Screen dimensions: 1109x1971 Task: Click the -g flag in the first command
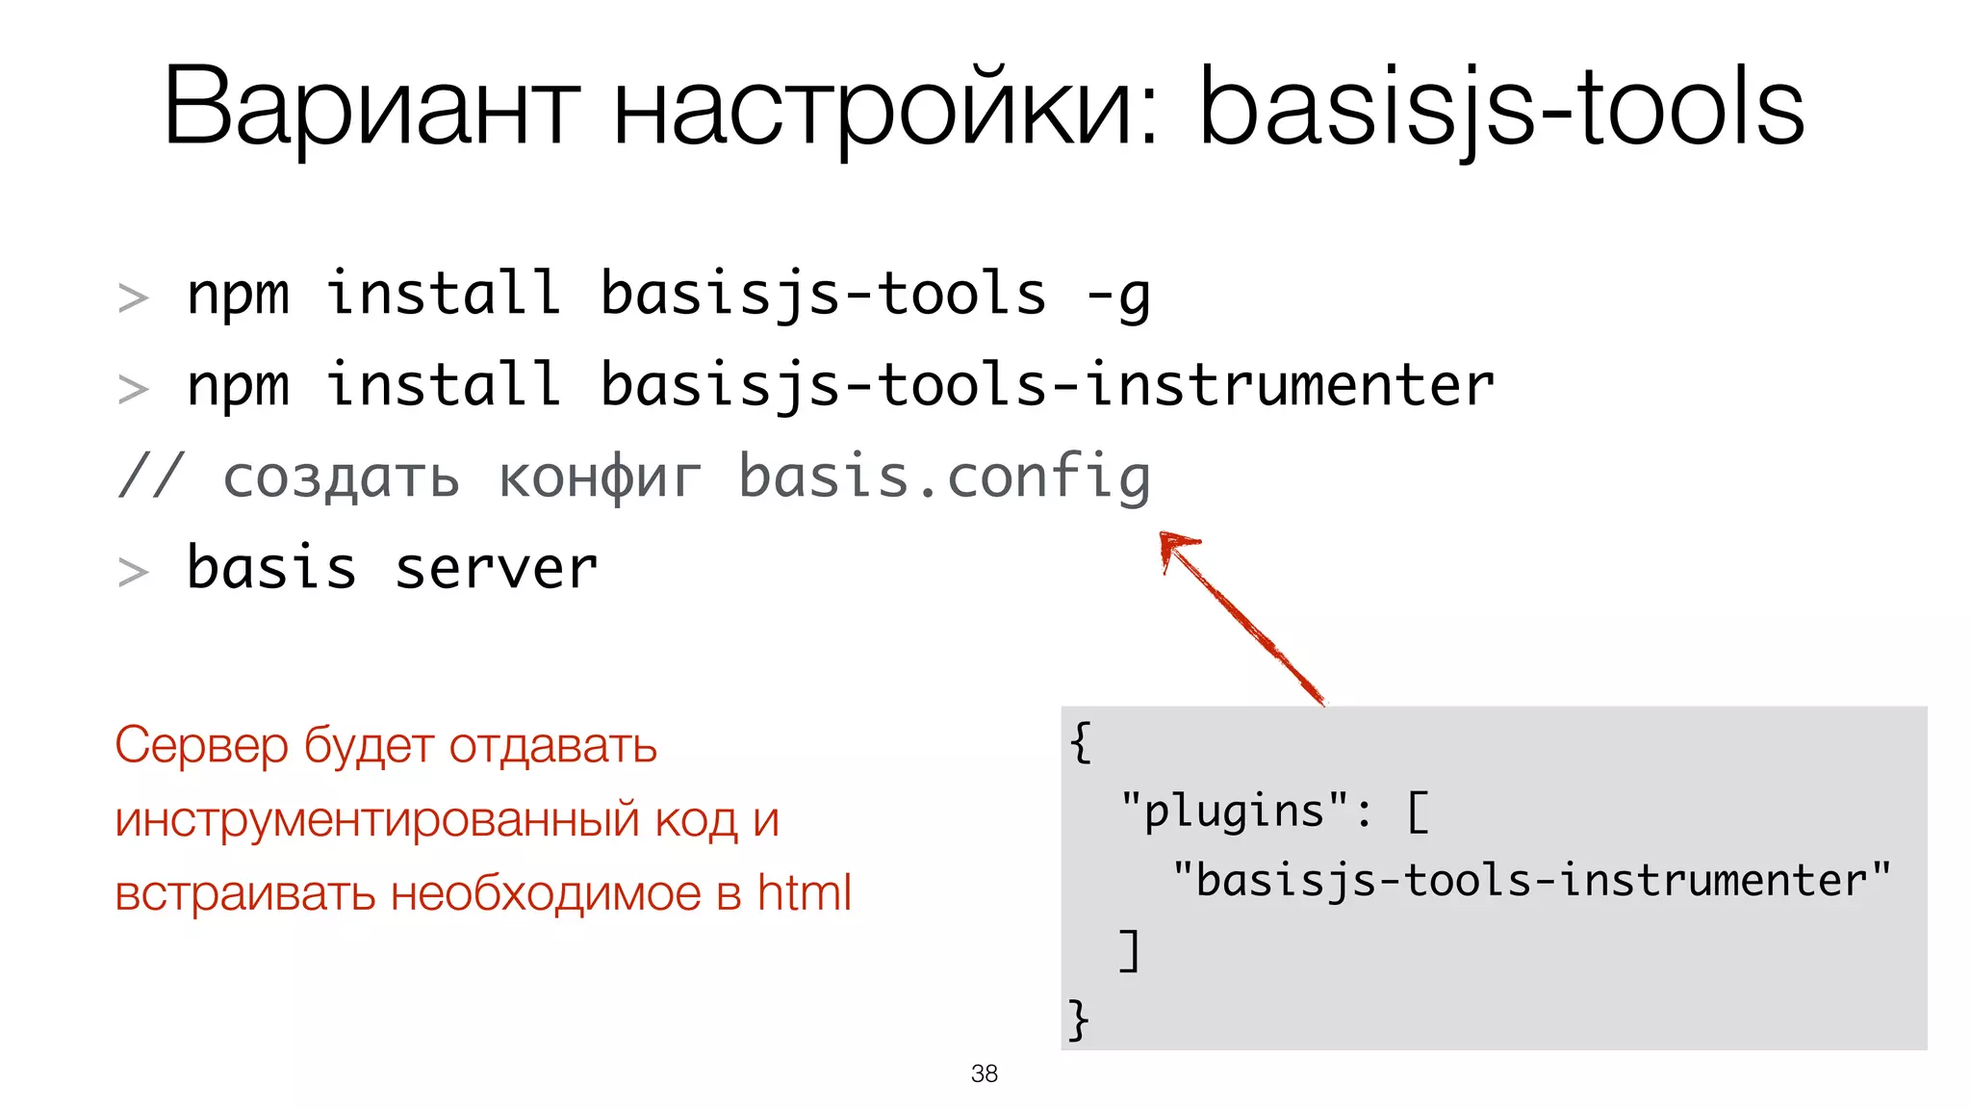tap(1118, 295)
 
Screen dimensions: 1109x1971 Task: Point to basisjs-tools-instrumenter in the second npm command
tap(1047, 385)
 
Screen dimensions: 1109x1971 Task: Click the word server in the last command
tap(497, 568)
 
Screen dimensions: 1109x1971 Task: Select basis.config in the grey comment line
tap(944, 477)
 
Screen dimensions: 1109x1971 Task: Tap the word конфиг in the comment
tap(600, 477)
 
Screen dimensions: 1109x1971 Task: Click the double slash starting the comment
tap(149, 477)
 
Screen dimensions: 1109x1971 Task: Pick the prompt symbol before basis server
tap(133, 572)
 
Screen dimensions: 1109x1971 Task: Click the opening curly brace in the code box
tap(1081, 742)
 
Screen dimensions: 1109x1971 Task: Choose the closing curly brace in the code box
tap(1079, 1019)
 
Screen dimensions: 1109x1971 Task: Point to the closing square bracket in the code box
tap(1130, 950)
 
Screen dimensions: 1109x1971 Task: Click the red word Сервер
tap(201, 745)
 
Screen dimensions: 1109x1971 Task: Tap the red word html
tap(804, 892)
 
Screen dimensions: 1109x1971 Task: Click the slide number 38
tap(985, 1073)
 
